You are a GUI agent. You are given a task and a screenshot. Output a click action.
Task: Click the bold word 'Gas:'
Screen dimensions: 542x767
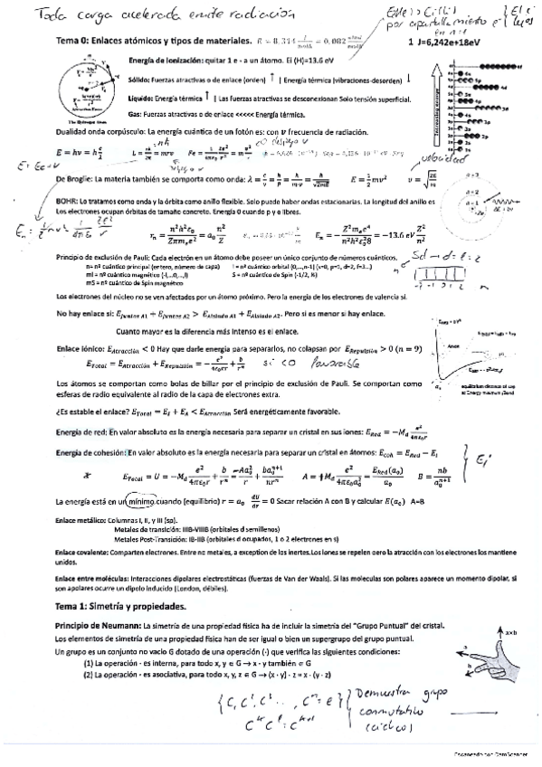coord(138,113)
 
